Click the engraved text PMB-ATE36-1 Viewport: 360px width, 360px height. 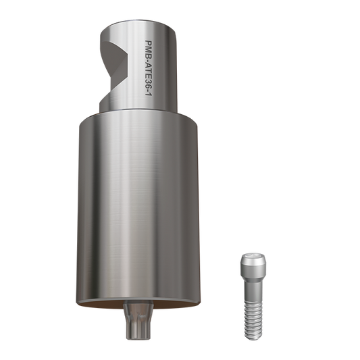[x=149, y=68]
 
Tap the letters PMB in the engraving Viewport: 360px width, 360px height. [x=149, y=48]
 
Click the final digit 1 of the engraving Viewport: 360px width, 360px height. [x=149, y=94]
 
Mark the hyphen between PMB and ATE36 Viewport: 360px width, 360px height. [x=149, y=58]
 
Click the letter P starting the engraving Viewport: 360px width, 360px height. [x=149, y=43]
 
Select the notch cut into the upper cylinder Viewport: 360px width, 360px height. [x=113, y=69]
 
